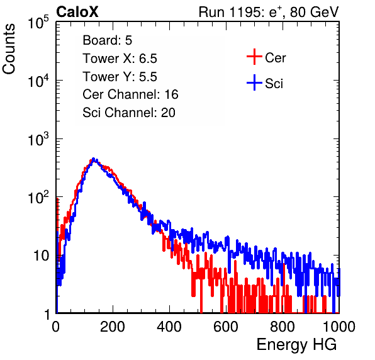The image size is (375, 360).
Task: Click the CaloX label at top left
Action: tap(77, 12)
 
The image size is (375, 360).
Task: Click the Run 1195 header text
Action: tap(269, 12)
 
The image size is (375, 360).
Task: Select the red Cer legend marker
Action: tap(254, 57)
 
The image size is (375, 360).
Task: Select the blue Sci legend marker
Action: tap(254, 83)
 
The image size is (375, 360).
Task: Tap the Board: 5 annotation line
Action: tap(108, 40)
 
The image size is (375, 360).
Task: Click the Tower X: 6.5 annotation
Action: tap(120, 59)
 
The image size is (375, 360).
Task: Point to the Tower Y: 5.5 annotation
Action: tap(120, 77)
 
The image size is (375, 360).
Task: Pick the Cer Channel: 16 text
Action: tap(130, 94)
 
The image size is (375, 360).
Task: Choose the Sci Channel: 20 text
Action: tap(129, 113)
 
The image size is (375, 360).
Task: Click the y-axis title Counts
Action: tap(9, 49)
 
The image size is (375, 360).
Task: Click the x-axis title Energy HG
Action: tap(296, 345)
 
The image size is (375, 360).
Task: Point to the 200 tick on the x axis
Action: tap(113, 327)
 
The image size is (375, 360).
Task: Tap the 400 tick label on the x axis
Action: tap(169, 327)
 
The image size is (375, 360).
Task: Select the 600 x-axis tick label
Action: tap(226, 327)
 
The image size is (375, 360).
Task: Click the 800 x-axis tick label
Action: tap(283, 327)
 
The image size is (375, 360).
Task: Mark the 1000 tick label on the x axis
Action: tap(339, 327)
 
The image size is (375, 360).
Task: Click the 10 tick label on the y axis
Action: tap(42, 256)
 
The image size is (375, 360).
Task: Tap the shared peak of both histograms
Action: tap(94, 159)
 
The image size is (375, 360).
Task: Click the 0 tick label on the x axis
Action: tap(55, 327)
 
